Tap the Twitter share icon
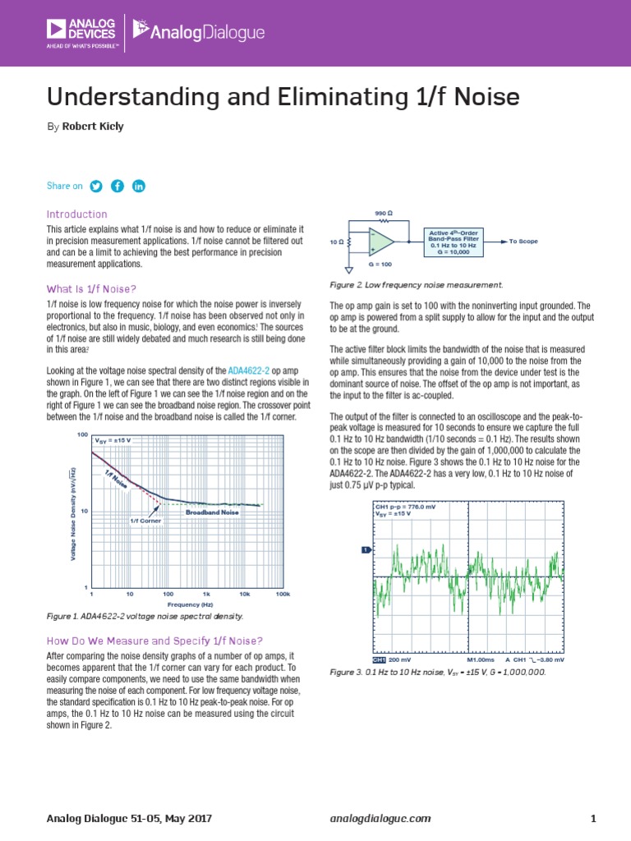click(x=95, y=186)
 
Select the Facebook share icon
click(x=117, y=186)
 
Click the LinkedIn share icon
click(x=138, y=186)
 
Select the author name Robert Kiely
click(x=93, y=126)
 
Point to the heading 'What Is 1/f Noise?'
click(x=90, y=288)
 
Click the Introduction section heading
click(x=77, y=214)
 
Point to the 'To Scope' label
click(x=523, y=241)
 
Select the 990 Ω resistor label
click(x=384, y=213)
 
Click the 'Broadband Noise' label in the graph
click(x=211, y=512)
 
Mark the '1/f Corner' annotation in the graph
click(x=145, y=521)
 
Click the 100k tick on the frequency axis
click(x=283, y=592)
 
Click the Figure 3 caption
click(x=437, y=672)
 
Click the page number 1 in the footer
click(x=592, y=818)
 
